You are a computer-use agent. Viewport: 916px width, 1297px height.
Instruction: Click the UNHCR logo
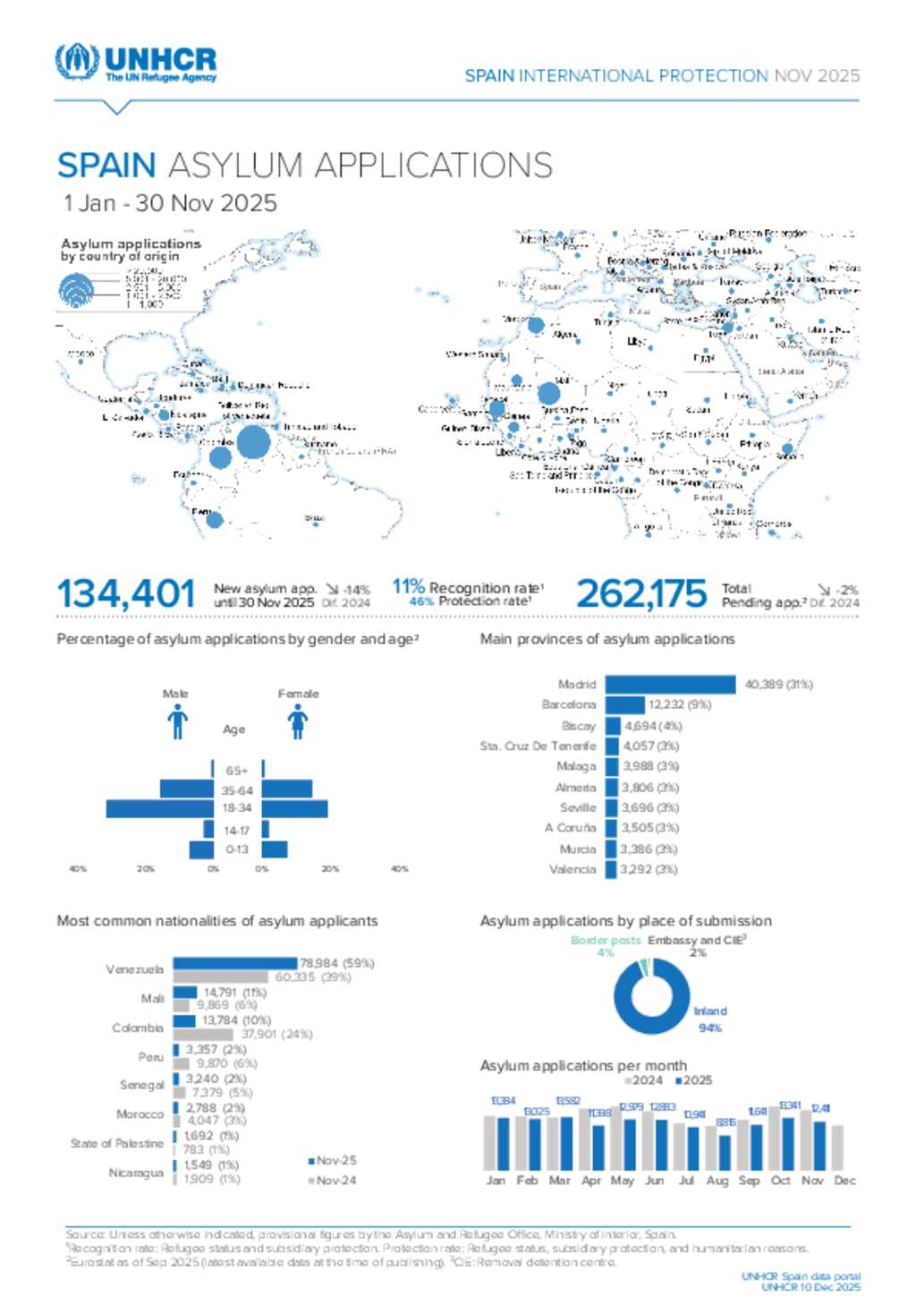(x=135, y=64)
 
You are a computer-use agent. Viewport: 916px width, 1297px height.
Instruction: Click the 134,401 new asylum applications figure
(x=125, y=593)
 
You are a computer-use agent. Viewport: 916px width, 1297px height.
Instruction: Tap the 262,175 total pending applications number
(x=640, y=593)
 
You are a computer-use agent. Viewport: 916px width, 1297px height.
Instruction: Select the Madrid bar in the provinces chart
(x=670, y=685)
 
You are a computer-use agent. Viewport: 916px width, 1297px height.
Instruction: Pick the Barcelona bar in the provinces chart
(x=624, y=705)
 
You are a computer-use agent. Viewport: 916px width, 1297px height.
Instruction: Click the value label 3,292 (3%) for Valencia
(x=649, y=869)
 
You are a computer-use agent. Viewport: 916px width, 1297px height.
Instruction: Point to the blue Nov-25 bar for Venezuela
(x=234, y=963)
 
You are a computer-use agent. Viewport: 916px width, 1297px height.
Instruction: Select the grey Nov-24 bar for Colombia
(x=203, y=1035)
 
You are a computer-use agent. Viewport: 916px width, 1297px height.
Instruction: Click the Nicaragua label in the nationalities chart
(x=136, y=1173)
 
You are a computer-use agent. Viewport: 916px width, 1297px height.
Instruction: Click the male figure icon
(x=177, y=721)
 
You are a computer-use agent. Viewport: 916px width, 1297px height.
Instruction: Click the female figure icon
(x=298, y=721)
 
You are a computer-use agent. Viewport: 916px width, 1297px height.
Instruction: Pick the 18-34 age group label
(x=237, y=808)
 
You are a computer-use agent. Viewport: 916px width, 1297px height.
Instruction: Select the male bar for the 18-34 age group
(x=160, y=808)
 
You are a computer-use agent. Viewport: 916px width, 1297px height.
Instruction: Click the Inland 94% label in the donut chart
(x=710, y=1020)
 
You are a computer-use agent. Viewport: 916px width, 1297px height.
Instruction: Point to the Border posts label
(x=606, y=941)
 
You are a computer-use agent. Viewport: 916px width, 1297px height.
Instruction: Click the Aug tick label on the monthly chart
(x=717, y=1181)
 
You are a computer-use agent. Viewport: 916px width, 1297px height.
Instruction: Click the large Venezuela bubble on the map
(x=253, y=442)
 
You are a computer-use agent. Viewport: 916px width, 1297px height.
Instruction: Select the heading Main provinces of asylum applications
(x=607, y=639)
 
